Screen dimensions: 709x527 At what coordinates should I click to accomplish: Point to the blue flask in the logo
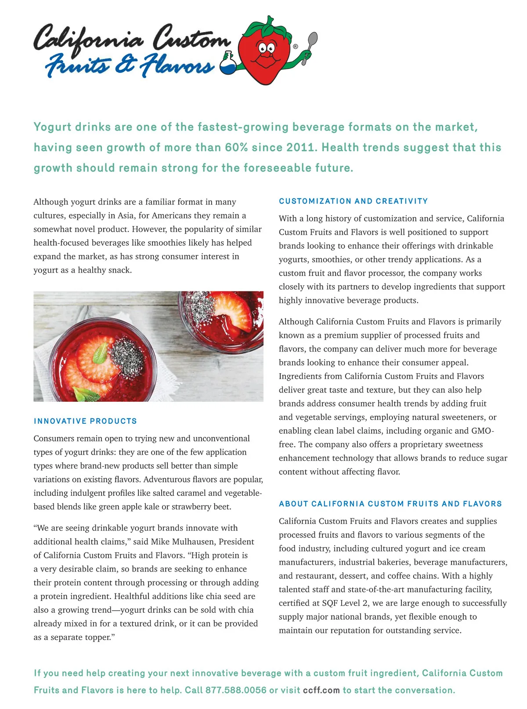click(227, 64)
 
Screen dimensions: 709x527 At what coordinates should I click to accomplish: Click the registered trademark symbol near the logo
click(295, 46)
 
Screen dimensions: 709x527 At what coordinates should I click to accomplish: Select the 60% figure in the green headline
click(237, 147)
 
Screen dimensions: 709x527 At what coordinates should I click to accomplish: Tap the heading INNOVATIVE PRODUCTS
click(85, 421)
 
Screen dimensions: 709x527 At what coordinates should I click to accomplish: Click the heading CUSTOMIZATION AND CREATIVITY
click(353, 201)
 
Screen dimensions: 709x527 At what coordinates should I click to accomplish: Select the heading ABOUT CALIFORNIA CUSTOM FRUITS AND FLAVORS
click(390, 504)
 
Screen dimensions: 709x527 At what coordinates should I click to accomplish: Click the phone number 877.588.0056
click(236, 690)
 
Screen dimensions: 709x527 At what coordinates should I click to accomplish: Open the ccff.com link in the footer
click(321, 690)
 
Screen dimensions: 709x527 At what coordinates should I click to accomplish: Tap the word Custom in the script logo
click(191, 40)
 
